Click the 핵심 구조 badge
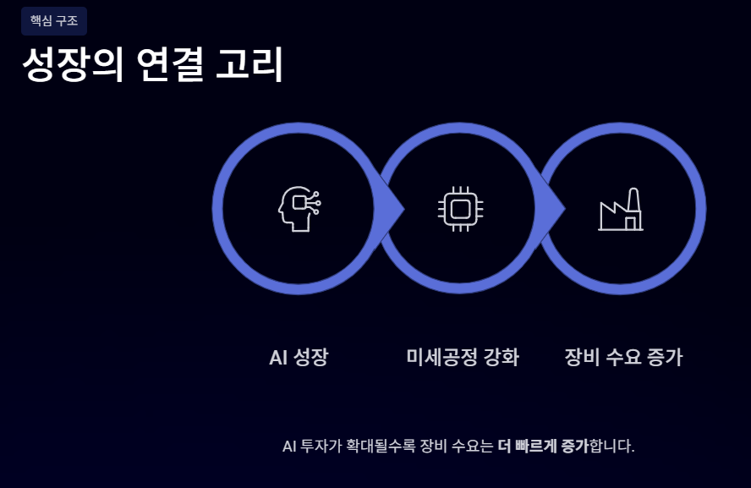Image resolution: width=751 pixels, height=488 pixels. coord(54,21)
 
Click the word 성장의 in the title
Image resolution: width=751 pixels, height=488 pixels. coord(62,66)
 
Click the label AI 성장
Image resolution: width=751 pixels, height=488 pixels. coord(299,358)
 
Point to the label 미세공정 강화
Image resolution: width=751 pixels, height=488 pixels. coord(463,358)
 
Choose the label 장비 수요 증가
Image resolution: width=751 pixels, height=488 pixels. coord(623,358)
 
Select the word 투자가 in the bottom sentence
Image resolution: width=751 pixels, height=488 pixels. coord(320,446)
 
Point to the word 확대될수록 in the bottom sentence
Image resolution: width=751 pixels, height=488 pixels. coord(377,446)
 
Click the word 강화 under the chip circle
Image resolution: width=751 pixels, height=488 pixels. coord(502,358)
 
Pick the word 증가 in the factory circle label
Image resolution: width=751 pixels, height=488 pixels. coord(663,358)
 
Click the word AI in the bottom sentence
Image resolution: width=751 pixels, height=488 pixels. coord(290,446)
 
